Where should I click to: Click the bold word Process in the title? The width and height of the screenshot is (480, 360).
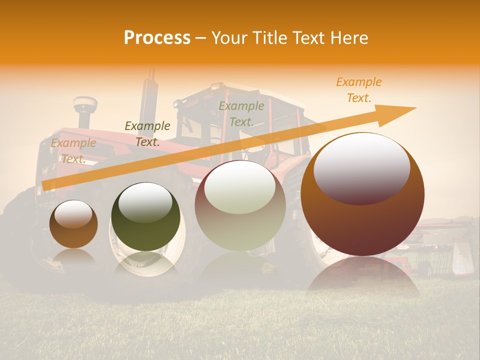click(x=157, y=38)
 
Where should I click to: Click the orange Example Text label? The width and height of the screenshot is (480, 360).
click(x=358, y=90)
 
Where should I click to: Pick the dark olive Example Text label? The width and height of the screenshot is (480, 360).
click(x=147, y=134)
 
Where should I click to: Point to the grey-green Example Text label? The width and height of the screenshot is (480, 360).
click(x=241, y=114)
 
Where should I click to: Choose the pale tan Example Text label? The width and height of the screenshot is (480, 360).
click(x=73, y=151)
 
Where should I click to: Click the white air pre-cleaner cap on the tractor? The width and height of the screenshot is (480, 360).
click(x=85, y=105)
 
